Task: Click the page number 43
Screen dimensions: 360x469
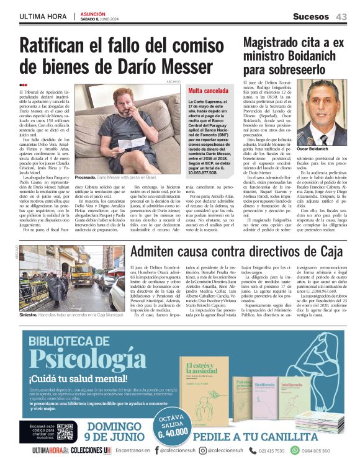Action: click(341, 17)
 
